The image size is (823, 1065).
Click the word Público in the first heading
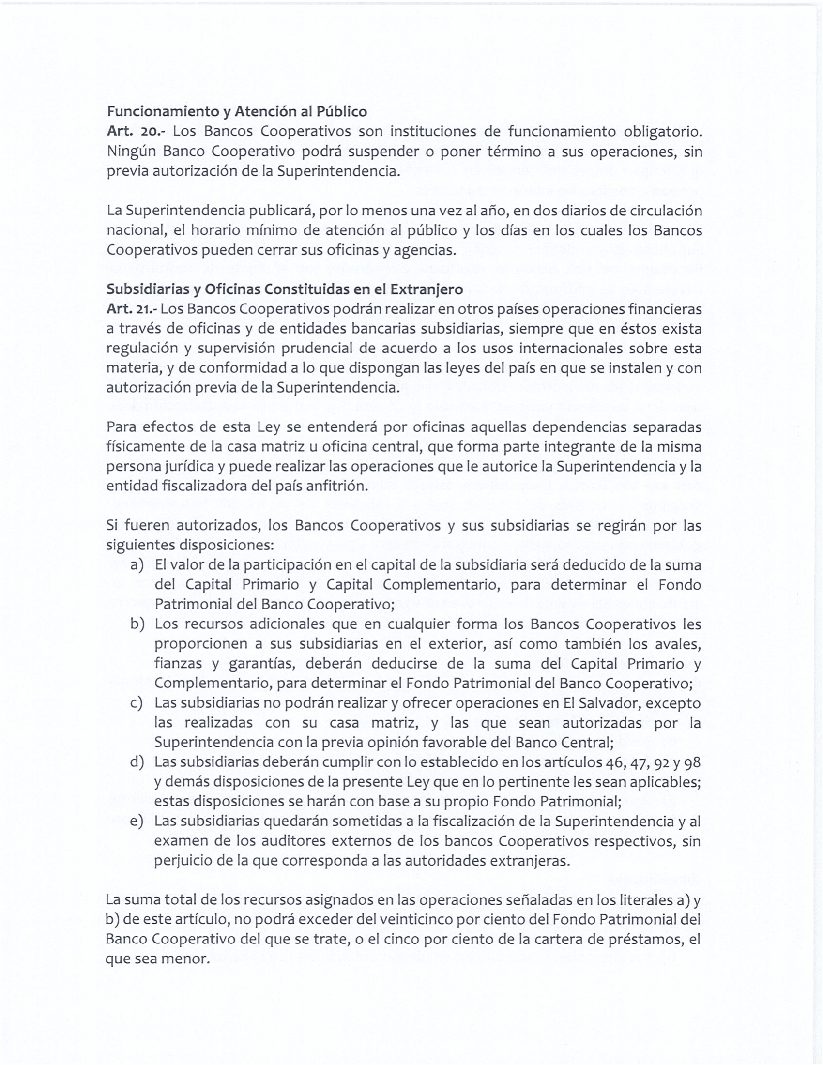pyautogui.click(x=342, y=112)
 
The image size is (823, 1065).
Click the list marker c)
pyautogui.click(x=137, y=703)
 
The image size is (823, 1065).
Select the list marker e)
pyautogui.click(x=137, y=821)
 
